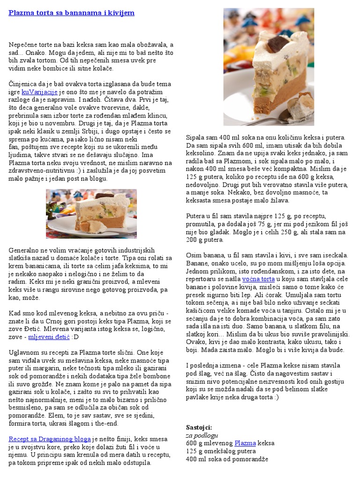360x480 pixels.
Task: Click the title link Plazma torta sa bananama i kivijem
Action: point(71,13)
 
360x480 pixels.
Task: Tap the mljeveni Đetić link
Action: point(49,337)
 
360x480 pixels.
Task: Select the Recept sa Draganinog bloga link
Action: point(50,439)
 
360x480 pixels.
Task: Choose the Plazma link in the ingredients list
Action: point(245,443)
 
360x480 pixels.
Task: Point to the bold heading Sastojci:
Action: point(199,427)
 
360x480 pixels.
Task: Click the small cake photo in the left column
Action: point(91,214)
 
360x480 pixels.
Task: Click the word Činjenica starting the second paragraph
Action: point(22,84)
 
